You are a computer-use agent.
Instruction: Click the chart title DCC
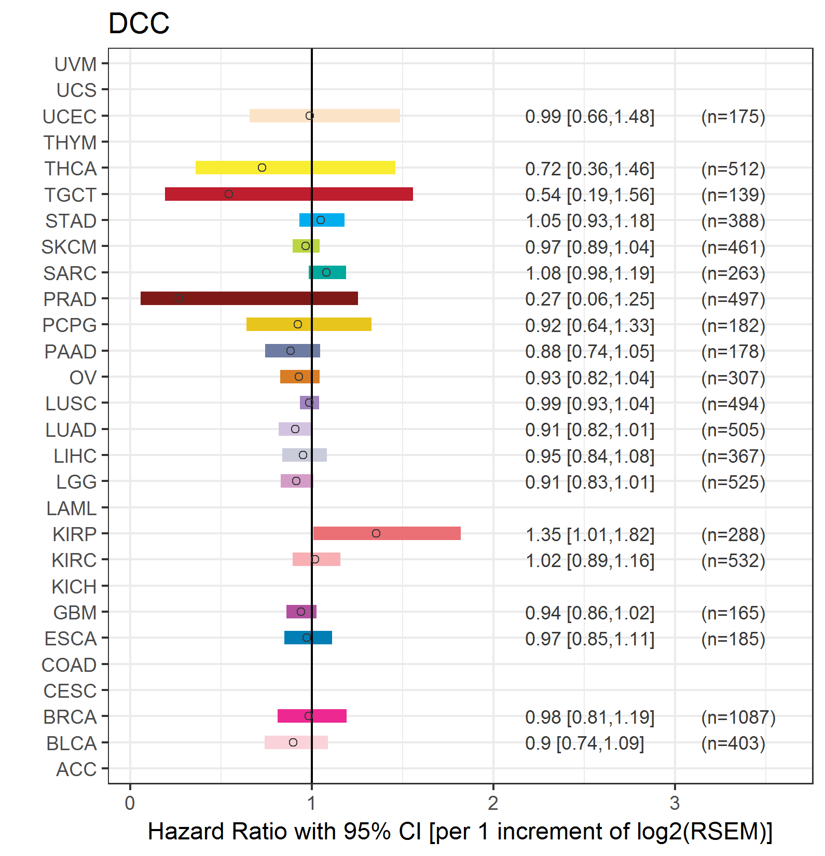pos(139,23)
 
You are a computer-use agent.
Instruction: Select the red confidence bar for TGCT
pos(289,194)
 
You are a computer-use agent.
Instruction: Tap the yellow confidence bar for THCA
pos(295,168)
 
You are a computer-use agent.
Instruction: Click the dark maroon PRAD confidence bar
pos(249,298)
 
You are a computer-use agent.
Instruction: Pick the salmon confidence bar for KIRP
pos(387,533)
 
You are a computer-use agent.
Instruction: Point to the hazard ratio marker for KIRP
pos(376,533)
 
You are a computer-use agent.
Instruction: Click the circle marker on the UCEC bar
pos(310,116)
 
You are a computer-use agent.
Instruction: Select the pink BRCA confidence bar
pos(312,716)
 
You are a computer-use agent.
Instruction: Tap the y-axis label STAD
pos(71,221)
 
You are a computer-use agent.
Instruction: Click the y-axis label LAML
pos(71,508)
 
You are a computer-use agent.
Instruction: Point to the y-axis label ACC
pos(76,769)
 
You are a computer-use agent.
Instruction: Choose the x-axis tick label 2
pos(493,803)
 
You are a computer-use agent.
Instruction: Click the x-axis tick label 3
pos(675,803)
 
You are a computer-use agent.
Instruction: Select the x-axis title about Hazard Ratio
pos(460,831)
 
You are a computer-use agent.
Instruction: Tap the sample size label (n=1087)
pos(738,717)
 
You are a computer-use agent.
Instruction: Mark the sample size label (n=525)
pos(733,482)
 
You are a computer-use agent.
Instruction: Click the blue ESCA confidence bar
pos(308,638)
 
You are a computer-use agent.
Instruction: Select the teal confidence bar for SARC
pos(327,272)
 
